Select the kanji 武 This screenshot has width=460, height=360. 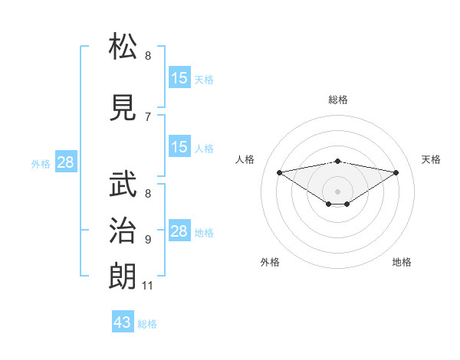(123, 184)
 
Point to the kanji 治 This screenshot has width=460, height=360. (123, 231)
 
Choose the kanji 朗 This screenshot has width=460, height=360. (123, 277)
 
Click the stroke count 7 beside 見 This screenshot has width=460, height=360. (148, 116)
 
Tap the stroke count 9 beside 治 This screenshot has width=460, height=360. (148, 240)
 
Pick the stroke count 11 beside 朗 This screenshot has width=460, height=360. (148, 286)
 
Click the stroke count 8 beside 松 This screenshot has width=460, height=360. (148, 56)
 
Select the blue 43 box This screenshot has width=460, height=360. (123, 322)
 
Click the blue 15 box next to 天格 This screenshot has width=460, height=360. (179, 78)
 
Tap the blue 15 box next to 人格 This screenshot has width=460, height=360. (179, 147)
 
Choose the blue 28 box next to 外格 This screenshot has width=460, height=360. (65, 162)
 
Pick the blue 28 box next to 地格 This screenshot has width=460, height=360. (179, 231)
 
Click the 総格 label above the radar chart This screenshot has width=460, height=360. (338, 100)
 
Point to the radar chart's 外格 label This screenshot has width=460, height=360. (270, 262)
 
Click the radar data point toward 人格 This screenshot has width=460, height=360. (279, 172)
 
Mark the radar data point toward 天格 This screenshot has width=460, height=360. (396, 172)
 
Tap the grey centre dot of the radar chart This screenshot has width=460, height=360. (337, 191)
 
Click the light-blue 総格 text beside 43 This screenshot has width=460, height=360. (147, 324)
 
